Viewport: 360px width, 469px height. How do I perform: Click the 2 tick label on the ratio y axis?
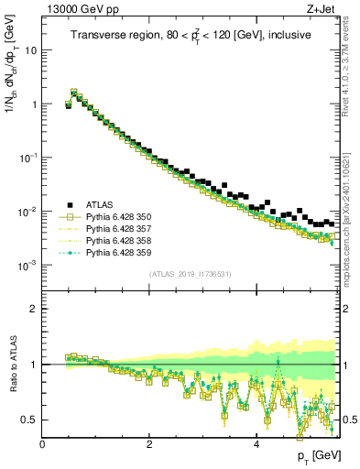click(34, 309)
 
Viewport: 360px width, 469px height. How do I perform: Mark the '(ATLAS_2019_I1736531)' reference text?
click(191, 274)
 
